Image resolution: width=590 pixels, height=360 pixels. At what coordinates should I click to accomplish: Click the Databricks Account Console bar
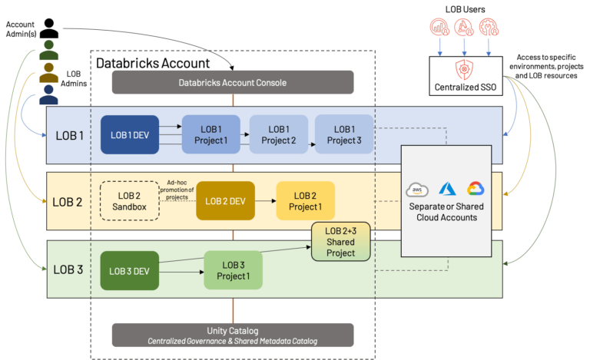[x=233, y=82]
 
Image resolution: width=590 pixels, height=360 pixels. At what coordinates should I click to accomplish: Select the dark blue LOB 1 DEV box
[x=130, y=134]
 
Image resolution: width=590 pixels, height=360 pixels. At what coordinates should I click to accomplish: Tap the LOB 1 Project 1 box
[x=210, y=134]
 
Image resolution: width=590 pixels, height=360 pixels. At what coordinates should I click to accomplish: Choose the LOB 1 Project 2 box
[x=277, y=134]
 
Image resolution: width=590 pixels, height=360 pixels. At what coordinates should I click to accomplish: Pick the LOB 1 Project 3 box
[x=343, y=134]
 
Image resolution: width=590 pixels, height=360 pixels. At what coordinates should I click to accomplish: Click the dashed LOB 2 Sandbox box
[x=129, y=201]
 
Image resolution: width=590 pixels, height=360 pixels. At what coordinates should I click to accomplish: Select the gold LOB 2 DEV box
[x=225, y=201]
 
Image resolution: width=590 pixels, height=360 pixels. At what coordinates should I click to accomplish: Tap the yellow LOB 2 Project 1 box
[x=305, y=201]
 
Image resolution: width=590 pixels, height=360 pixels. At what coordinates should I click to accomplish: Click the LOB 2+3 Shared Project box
[x=340, y=242]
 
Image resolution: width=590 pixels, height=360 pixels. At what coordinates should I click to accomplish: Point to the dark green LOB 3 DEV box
[x=129, y=270]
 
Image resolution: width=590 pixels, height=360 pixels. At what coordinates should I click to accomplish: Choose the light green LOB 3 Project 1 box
[x=232, y=271]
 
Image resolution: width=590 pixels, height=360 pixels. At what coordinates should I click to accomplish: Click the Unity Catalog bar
[x=233, y=335]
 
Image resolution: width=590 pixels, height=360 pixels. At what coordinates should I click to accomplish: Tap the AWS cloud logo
[x=417, y=190]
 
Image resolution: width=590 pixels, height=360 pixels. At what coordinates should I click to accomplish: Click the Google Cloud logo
[x=475, y=190]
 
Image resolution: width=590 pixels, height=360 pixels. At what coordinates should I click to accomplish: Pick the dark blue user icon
[x=49, y=95]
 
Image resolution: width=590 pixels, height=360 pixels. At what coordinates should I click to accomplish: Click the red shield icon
[x=464, y=69]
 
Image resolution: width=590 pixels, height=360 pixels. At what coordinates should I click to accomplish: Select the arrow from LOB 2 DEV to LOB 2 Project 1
[x=264, y=201]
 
